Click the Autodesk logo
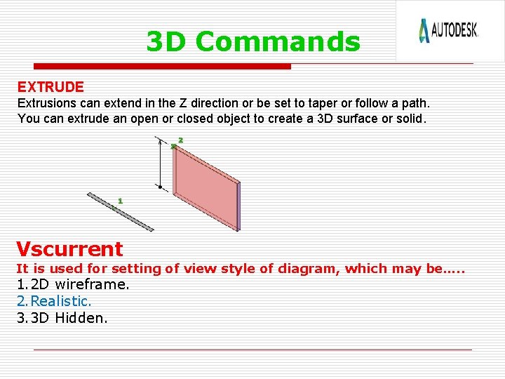[x=448, y=30]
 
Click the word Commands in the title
[x=278, y=42]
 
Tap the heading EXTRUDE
[x=50, y=87]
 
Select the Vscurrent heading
[x=69, y=248]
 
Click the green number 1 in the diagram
[x=120, y=201]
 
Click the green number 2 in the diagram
[x=180, y=140]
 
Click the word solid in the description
[x=410, y=119]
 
